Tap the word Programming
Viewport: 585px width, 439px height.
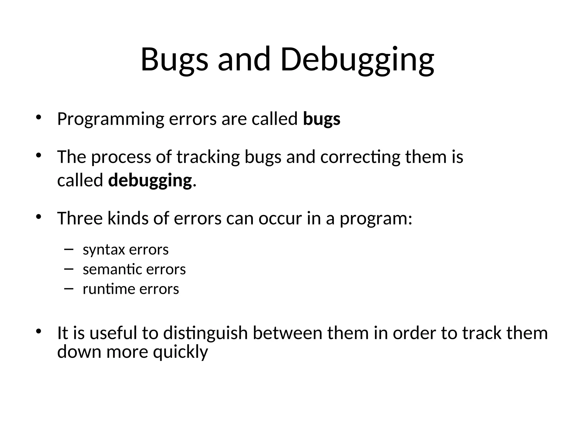click(111, 119)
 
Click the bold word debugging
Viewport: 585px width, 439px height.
click(150, 181)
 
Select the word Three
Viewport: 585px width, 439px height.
click(80, 218)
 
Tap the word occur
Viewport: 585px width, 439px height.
click(280, 219)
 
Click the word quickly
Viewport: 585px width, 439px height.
click(180, 352)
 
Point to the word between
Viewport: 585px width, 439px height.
click(287, 333)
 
